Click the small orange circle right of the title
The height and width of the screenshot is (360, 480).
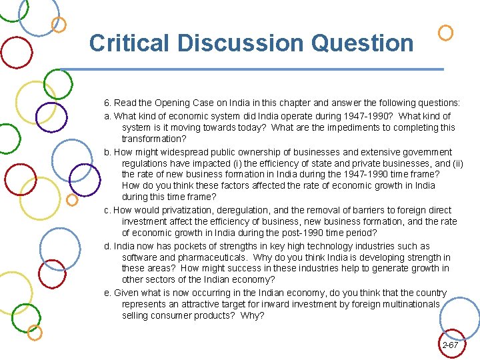[446, 32]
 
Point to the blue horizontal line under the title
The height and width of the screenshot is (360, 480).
[253, 69]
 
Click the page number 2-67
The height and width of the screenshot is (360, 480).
[450, 345]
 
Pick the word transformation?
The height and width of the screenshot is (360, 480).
[154, 139]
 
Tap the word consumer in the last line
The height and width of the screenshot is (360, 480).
[173, 315]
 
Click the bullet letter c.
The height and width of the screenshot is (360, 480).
[107, 210]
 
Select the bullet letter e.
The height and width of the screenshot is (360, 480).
[107, 293]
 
